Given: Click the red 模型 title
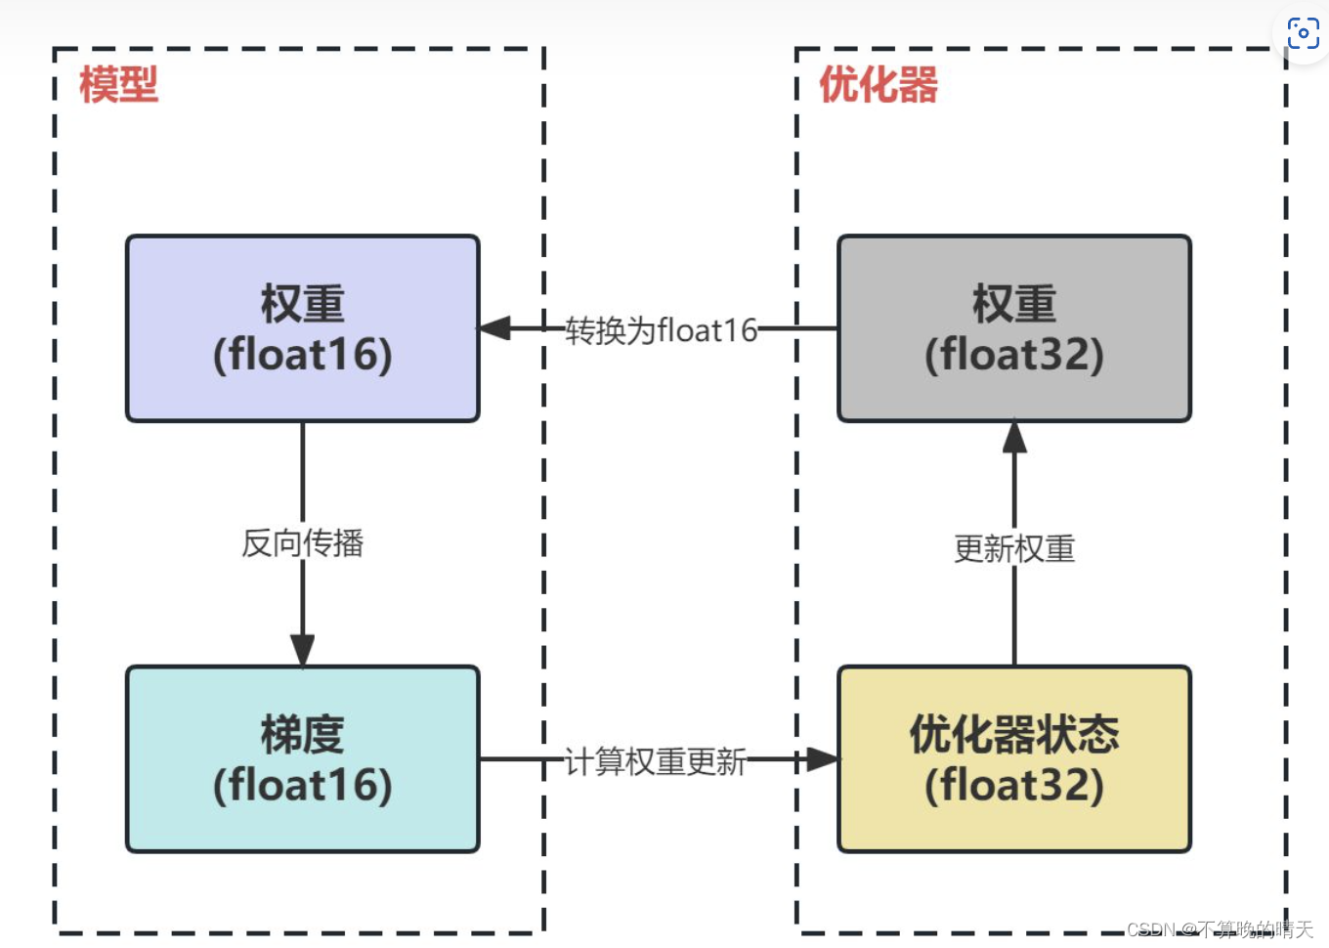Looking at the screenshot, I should [118, 85].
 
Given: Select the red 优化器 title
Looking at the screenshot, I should [878, 85].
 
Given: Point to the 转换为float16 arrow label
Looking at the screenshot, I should [662, 330].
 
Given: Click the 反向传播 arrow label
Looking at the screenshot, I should [303, 542].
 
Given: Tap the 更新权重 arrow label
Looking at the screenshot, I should [1014, 548].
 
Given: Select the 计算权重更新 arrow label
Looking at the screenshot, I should [656, 760].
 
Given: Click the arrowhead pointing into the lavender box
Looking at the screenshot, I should [494, 328].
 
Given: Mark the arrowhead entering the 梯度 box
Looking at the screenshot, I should [303, 650].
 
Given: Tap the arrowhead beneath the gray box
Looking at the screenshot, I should [1014, 438].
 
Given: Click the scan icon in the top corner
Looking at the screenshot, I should [1303, 33].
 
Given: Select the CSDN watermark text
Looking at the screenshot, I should [1220, 929].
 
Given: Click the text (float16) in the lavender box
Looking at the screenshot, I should [303, 354].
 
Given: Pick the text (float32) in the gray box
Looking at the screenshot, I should [1014, 354].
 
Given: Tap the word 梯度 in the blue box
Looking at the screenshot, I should [303, 735].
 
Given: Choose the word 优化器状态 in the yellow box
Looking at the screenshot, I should [1014, 735].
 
